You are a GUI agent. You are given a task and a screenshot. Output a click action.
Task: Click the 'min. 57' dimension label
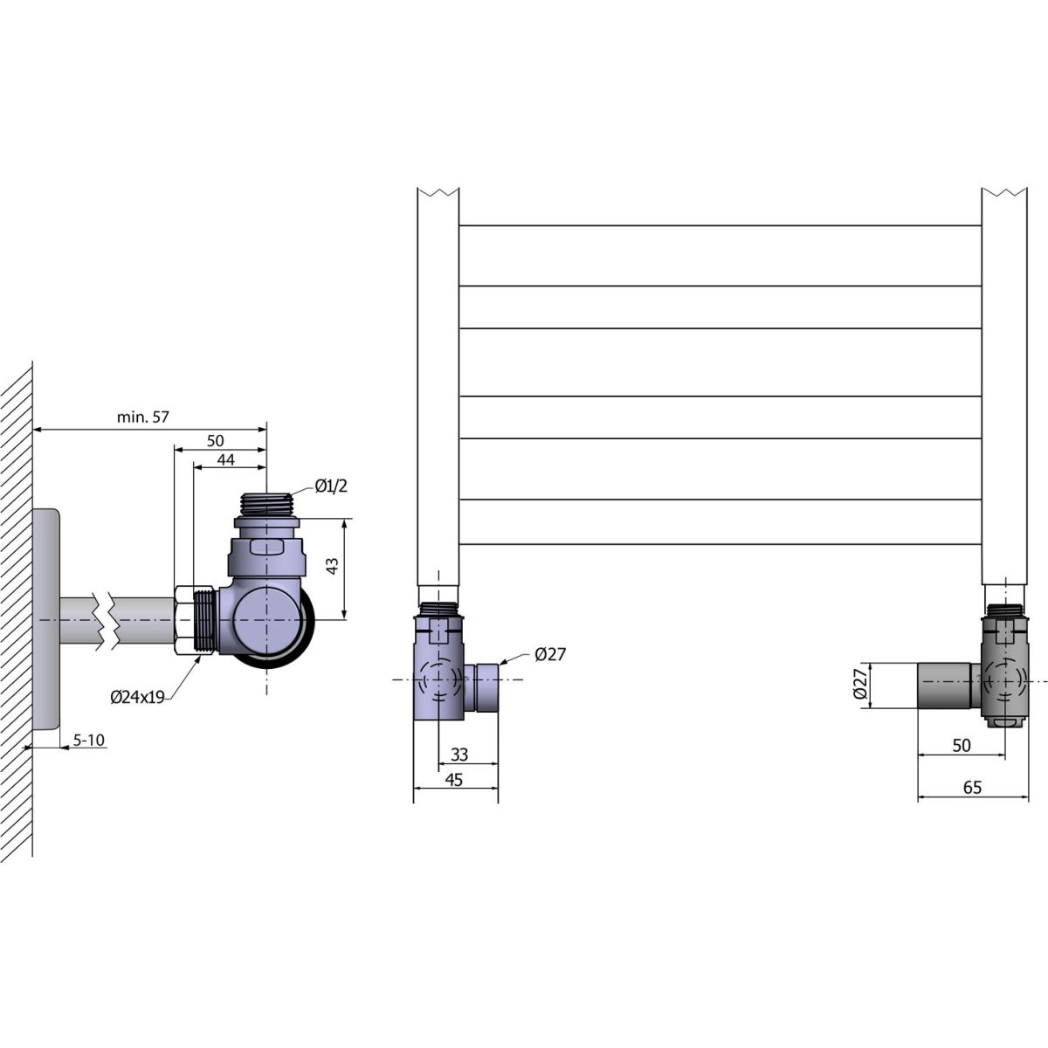point(143,417)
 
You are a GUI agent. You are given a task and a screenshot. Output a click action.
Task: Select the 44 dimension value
point(225,460)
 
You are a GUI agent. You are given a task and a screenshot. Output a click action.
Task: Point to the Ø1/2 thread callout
point(331,486)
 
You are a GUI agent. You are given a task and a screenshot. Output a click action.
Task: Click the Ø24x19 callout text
point(137,698)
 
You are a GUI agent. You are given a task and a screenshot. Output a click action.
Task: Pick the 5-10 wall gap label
point(89,740)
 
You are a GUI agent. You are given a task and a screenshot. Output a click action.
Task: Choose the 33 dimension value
point(459,755)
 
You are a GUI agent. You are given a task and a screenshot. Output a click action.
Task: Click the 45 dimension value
point(454,780)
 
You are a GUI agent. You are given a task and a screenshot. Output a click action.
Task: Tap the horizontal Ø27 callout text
point(550,654)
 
